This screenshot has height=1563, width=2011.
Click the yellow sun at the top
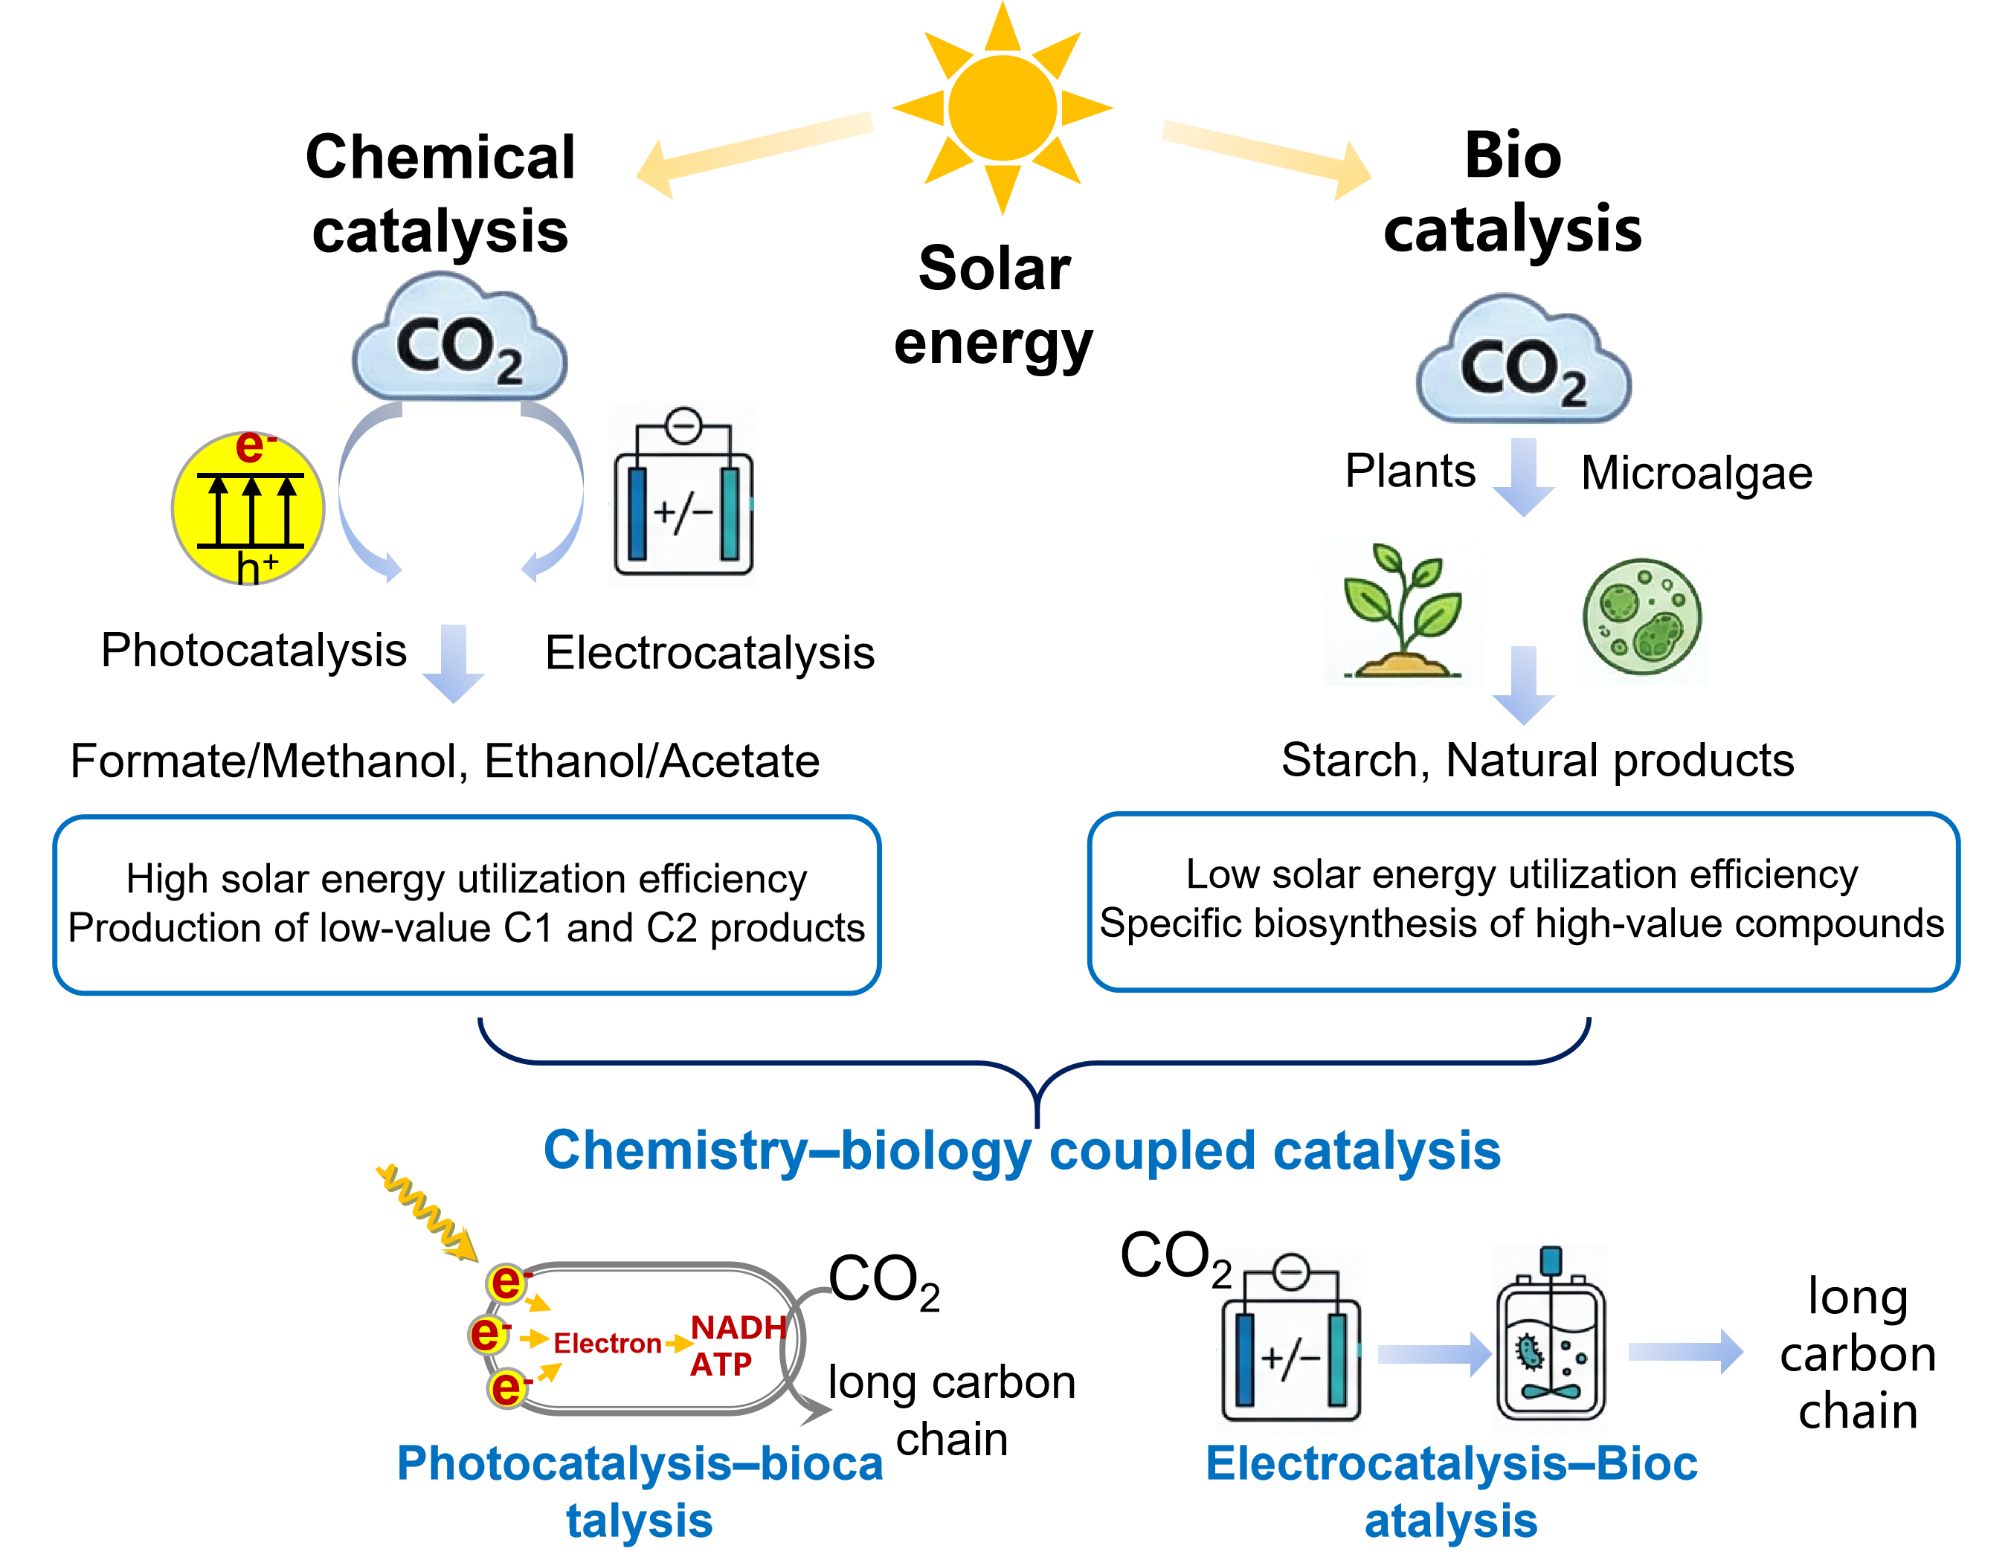(1003, 108)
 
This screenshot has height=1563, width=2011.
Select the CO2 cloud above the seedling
(1523, 361)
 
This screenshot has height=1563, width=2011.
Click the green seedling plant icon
(1403, 610)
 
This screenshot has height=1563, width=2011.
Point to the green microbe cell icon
(1641, 616)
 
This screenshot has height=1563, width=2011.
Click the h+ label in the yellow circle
(257, 566)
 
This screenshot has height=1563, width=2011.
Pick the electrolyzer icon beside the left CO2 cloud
(680, 494)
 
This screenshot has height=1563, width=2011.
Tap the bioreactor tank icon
(1550, 1339)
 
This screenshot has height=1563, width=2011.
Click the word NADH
(739, 1327)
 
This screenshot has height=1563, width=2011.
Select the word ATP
(721, 1364)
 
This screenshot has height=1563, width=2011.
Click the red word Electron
(607, 1344)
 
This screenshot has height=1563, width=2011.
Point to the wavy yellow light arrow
(427, 1211)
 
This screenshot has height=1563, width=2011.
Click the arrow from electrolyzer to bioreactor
(1435, 1354)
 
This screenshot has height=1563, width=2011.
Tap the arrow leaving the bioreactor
(1686, 1351)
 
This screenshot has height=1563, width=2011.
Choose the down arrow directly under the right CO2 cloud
(1523, 477)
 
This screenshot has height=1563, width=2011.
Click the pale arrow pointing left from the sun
(755, 154)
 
